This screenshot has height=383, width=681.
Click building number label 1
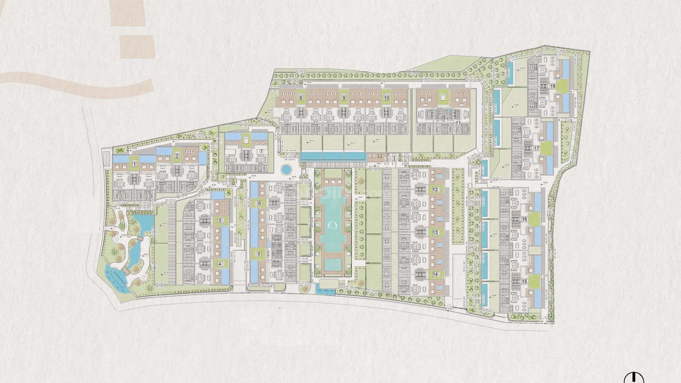tap(134, 164)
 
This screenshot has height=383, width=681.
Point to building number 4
tap(220, 263)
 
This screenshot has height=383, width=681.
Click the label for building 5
tap(259, 254)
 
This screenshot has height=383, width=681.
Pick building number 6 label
tap(259, 203)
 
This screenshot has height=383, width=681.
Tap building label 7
tap(261, 151)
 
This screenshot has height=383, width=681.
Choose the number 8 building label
tap(301, 98)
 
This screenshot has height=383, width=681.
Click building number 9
tap(344, 98)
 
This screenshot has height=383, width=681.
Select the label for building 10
tap(387, 98)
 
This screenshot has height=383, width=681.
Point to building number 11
tap(458, 123)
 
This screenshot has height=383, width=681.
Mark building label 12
tap(435, 190)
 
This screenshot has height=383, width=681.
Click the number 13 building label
tap(435, 232)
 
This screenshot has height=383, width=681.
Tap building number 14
tap(435, 274)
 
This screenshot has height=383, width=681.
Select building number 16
tap(525, 219)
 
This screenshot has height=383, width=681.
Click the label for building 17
tap(537, 148)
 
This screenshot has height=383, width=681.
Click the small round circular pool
tap(285, 170)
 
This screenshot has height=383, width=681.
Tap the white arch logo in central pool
tap(333, 226)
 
